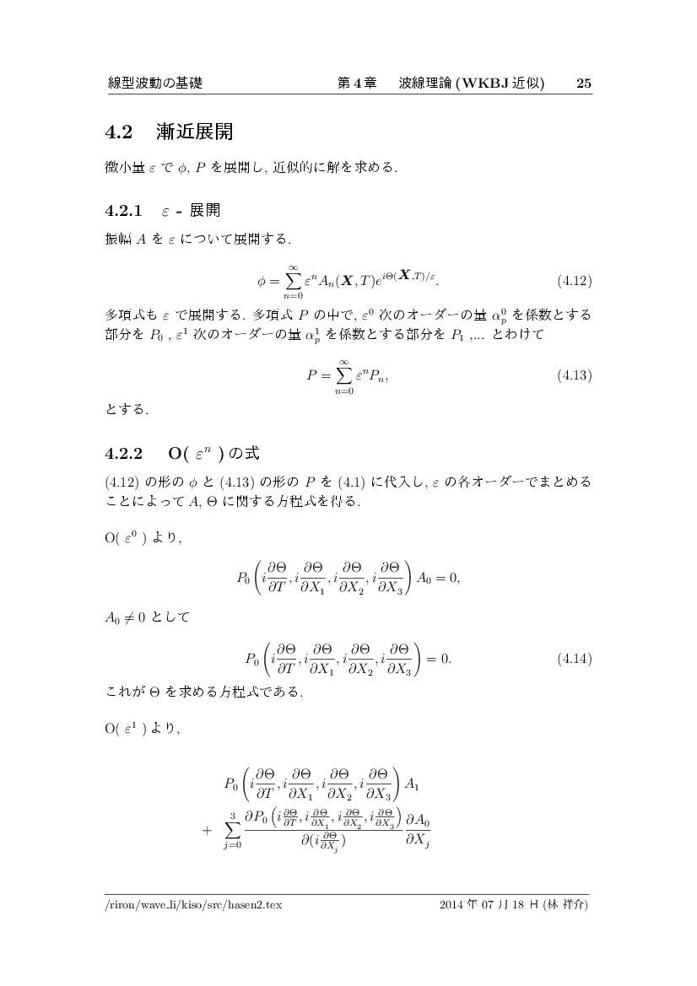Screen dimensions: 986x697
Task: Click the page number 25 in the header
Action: [583, 84]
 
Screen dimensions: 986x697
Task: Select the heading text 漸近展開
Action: [194, 132]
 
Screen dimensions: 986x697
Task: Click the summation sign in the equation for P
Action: [343, 374]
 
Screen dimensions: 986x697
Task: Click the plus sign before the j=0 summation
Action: [208, 830]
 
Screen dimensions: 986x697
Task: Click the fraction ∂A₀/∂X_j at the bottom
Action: [418, 829]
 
